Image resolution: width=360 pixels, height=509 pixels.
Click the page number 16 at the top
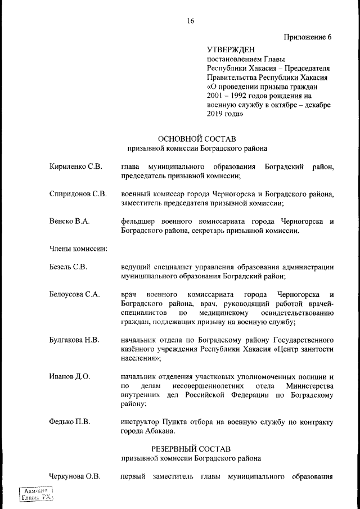(x=190, y=21)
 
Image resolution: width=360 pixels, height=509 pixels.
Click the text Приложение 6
(x=307, y=37)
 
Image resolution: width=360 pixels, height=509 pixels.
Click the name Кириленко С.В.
(x=75, y=167)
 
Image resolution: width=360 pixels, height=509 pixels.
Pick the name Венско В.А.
(x=69, y=221)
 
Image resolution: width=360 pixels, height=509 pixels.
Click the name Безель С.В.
(x=68, y=267)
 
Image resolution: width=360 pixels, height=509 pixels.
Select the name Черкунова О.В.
(x=75, y=477)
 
